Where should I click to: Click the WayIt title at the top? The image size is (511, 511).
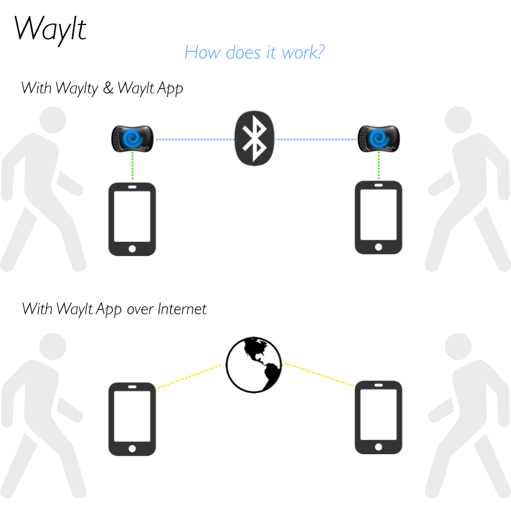(x=50, y=28)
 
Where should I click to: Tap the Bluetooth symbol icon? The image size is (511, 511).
(x=254, y=139)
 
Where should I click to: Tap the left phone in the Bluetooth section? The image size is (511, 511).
(x=132, y=218)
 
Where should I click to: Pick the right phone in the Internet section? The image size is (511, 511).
(x=378, y=418)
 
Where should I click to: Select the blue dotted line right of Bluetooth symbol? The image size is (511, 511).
(x=316, y=139)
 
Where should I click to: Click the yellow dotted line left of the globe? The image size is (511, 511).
(x=189, y=377)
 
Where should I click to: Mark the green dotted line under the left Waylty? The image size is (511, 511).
(x=132, y=166)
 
